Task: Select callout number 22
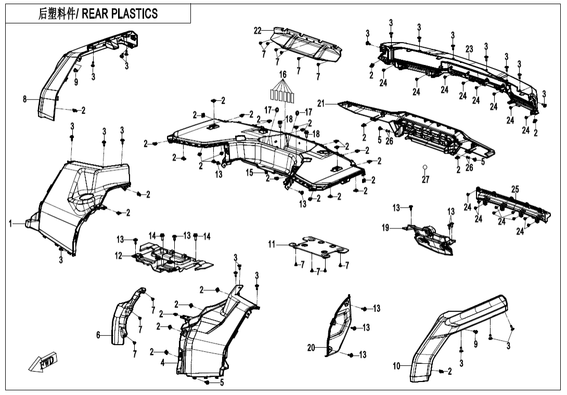[257, 31]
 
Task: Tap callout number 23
[469, 49]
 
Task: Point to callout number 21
[321, 104]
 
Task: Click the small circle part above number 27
[425, 167]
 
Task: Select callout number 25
[514, 189]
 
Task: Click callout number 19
[385, 227]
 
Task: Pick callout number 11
[272, 244]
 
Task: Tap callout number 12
[119, 256]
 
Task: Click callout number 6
[98, 336]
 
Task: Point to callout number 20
[311, 348]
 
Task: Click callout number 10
[397, 366]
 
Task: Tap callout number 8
[24, 99]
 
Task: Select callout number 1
[10, 223]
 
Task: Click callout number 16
[282, 74]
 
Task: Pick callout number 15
[250, 172]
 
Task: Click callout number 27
[426, 180]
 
